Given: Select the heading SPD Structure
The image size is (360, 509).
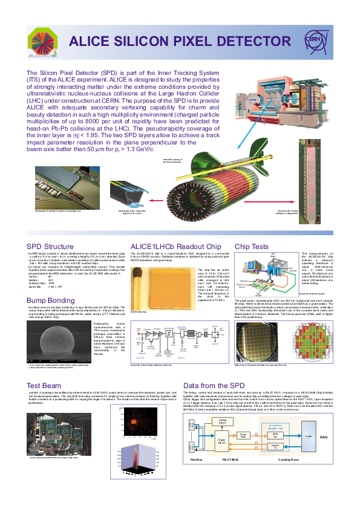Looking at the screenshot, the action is coord(50,247).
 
